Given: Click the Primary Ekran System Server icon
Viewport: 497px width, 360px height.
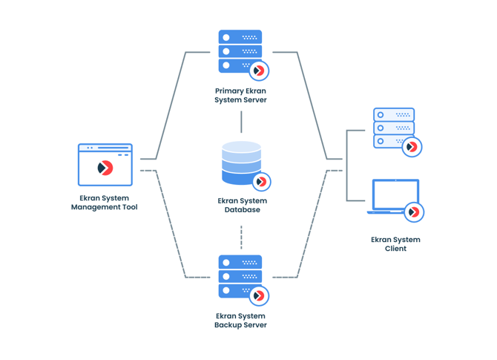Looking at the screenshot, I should coord(239,51).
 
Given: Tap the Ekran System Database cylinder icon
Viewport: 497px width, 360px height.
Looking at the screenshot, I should coord(240,163).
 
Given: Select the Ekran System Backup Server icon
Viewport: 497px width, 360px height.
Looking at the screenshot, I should coord(239,276).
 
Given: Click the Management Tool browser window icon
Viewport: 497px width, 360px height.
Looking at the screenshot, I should coord(105,165).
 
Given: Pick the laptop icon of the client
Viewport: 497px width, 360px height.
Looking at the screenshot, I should coord(395,197).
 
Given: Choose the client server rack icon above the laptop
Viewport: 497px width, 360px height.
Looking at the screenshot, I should coord(393,128).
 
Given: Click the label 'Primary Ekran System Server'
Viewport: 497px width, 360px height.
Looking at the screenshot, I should coord(240,96).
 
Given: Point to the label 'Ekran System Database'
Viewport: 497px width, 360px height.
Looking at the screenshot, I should coord(243,206).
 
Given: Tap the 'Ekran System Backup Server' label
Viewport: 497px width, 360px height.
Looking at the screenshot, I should coord(240,321).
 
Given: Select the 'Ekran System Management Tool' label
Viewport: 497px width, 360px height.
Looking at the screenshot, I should coord(105,203).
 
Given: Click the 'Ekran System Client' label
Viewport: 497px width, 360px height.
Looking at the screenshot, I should coord(395,244).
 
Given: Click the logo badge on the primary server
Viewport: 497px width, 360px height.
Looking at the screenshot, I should coord(259,71).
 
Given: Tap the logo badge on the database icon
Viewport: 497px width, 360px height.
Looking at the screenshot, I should coord(261,182).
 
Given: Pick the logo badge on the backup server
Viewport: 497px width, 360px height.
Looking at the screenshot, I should coord(259,296).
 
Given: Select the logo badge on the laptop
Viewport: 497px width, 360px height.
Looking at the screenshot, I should coord(414,212).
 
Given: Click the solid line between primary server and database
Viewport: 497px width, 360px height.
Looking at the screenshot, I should coord(241,122).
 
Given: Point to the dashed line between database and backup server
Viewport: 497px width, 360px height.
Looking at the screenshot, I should coord(241,238).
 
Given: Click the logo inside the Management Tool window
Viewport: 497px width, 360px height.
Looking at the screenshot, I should coord(105,168).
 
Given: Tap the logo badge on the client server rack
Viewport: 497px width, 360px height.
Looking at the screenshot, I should coord(412,147).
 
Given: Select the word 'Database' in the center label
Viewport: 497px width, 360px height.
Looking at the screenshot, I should coord(243,210).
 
